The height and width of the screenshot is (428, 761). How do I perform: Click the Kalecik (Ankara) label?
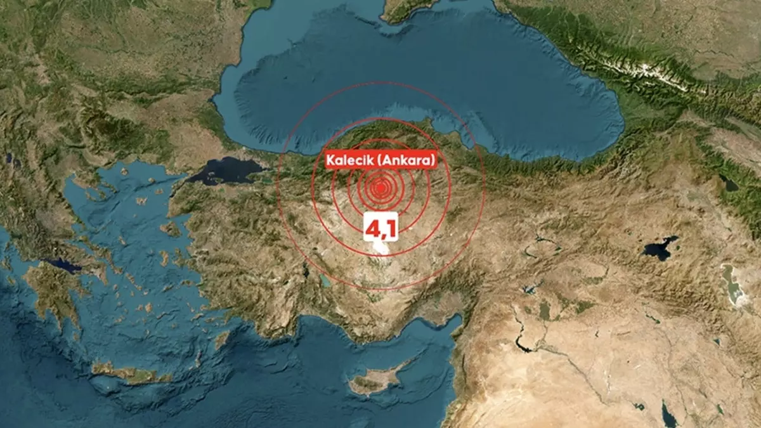[x=381, y=160]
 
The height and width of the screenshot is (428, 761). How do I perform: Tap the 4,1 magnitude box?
[x=380, y=228]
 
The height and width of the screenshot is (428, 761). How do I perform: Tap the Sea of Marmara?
[x=225, y=171]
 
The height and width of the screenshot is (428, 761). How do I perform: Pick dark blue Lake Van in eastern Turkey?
[x=660, y=247]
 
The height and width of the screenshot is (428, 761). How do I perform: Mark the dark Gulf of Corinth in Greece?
[x=63, y=265]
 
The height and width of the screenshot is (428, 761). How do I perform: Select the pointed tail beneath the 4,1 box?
[x=380, y=244]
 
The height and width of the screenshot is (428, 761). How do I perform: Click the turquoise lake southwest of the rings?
[x=325, y=280]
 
